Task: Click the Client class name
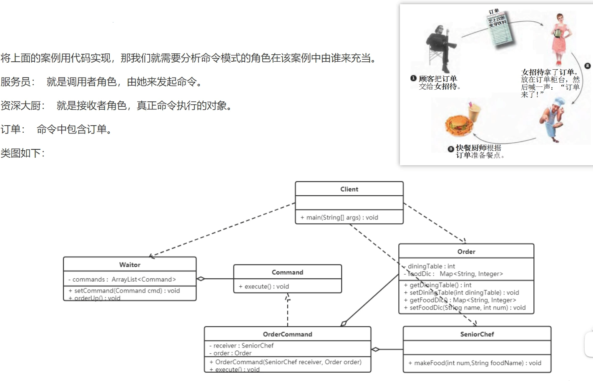coord(349,189)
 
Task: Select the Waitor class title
coord(130,265)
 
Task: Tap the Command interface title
coord(287,272)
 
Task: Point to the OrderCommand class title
coord(287,334)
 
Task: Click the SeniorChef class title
coord(477,334)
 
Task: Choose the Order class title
coord(466,252)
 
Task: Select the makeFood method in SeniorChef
coord(475,363)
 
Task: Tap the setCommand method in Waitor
coord(124,290)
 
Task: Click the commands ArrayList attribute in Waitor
coord(122,279)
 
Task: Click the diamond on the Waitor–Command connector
coord(201,279)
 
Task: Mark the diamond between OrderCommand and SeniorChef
coord(375,349)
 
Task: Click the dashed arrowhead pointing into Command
coord(287,297)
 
